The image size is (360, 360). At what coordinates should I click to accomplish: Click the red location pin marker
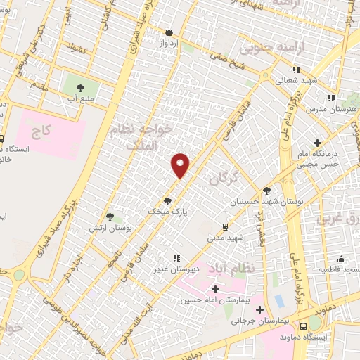pos(181,165)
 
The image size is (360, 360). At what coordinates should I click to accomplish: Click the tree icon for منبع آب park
pos(78,88)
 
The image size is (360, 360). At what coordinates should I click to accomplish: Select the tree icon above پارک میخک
pos(167,200)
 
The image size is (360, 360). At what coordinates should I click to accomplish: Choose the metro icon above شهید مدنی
pos(225,226)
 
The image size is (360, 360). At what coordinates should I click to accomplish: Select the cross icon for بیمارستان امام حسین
pos(215,290)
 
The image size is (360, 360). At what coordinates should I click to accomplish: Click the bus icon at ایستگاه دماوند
pos(303,326)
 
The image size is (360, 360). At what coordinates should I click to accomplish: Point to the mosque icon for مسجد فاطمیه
pos(341,259)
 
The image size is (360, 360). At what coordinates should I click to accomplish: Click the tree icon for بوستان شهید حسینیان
pos(266,190)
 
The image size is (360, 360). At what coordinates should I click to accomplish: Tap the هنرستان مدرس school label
pos(337,110)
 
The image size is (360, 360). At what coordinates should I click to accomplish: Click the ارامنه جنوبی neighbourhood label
pos(266,48)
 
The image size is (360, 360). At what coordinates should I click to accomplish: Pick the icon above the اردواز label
pos(169,32)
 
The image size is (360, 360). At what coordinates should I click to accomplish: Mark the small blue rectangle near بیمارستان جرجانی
pos(281,301)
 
